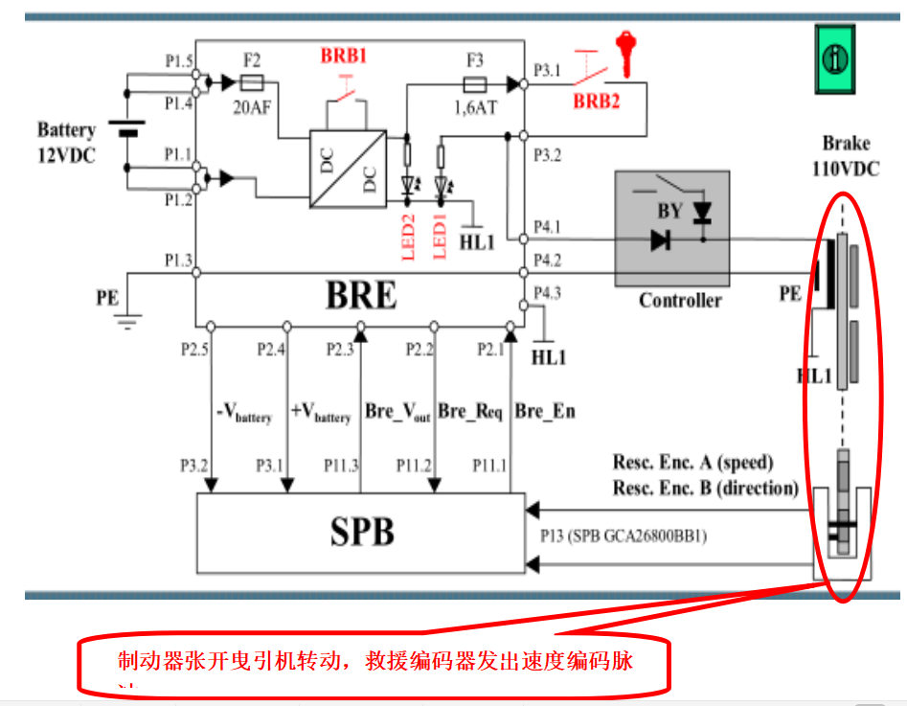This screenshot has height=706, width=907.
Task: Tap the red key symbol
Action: point(627,53)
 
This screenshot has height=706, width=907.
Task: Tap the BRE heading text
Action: point(361,295)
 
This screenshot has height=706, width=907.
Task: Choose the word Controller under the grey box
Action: point(680,300)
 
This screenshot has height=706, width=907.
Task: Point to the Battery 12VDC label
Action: point(66,142)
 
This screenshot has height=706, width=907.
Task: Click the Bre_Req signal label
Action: point(470,412)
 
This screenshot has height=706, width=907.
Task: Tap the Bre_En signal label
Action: point(545,412)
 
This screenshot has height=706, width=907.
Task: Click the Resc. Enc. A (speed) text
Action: point(692,463)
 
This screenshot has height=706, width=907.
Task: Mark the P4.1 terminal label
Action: point(547,227)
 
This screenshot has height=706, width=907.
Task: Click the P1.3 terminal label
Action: point(178,261)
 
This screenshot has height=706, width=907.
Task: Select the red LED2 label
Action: point(407,235)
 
